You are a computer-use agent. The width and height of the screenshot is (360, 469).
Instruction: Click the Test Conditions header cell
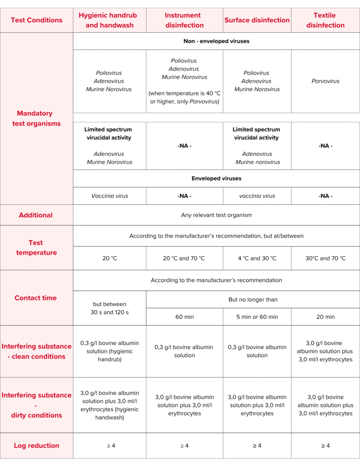37,20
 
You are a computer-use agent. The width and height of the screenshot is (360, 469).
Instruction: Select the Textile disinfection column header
325,20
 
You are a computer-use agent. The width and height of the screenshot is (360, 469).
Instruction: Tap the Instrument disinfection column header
184,20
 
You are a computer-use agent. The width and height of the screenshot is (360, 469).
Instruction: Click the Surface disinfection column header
257,20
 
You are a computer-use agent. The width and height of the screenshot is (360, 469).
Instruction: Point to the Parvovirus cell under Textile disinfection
325,81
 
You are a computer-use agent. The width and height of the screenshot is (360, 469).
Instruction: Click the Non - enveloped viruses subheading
216,41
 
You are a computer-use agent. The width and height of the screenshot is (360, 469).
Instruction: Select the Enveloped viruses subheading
216,178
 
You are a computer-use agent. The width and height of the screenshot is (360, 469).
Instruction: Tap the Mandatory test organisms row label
37,118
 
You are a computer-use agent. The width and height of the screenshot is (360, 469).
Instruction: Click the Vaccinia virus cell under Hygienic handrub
109,196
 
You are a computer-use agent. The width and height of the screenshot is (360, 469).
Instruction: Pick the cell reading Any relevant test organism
216,215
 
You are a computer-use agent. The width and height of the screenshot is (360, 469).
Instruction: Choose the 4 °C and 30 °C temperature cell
257,258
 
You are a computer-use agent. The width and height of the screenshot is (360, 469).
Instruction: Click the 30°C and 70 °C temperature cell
325,258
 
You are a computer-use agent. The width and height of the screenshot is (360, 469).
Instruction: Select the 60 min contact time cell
184,316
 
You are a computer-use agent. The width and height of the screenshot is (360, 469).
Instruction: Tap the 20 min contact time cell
325,316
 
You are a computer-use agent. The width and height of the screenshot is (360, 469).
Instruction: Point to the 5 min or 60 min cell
257,316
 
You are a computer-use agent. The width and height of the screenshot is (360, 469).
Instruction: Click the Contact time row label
37,298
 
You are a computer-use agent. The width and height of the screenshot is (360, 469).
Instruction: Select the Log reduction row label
37,446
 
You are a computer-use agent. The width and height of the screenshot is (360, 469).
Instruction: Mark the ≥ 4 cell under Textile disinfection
325,446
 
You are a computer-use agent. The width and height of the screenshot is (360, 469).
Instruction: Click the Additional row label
37,215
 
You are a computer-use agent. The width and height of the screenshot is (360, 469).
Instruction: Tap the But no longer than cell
253,300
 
